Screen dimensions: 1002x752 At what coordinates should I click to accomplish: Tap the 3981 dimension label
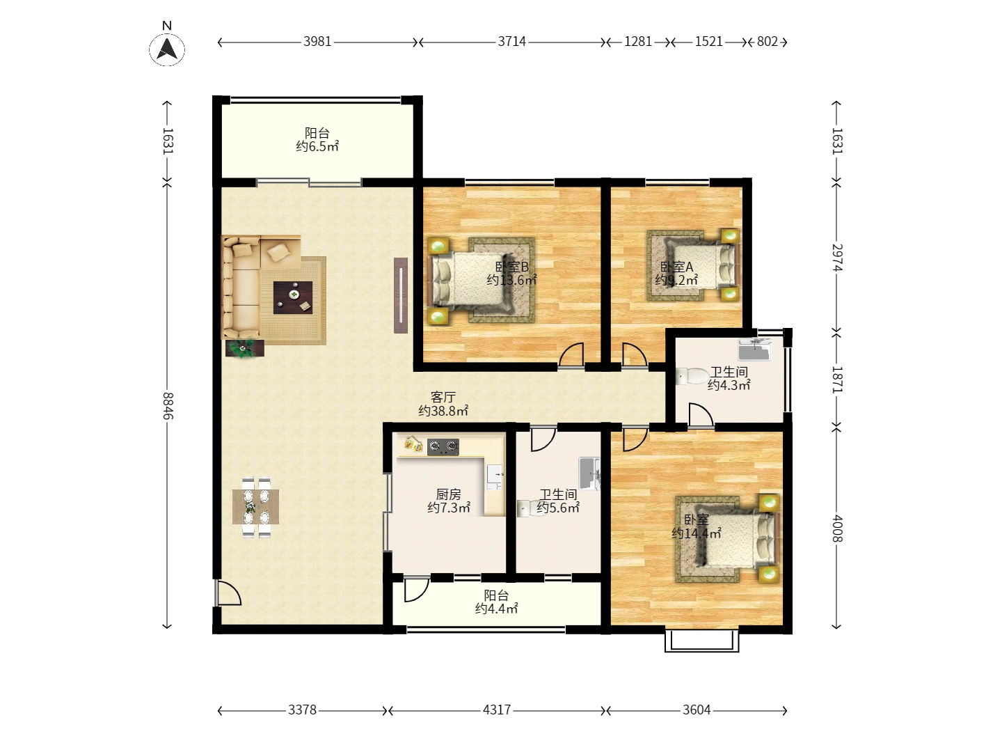click(x=317, y=42)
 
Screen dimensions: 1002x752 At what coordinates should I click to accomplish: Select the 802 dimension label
click(x=767, y=42)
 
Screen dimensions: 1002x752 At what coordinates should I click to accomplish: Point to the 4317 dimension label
click(x=497, y=710)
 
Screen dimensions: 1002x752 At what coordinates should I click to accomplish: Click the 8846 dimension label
click(x=167, y=406)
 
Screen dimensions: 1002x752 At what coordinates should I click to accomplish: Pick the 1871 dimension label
click(x=836, y=379)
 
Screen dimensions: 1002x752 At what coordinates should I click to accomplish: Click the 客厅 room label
click(x=443, y=397)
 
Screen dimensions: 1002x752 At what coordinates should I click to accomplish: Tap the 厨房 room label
click(x=448, y=494)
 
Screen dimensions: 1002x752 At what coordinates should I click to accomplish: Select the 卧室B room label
click(x=511, y=267)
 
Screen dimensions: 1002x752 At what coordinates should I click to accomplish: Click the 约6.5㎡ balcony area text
click(x=317, y=146)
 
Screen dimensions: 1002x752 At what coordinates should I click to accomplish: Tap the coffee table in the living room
click(x=293, y=298)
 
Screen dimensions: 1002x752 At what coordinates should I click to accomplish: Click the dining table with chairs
click(x=255, y=507)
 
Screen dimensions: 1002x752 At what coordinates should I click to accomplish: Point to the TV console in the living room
click(x=401, y=295)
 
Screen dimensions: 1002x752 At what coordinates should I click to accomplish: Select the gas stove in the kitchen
click(x=443, y=446)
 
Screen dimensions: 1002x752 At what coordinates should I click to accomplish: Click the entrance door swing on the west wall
click(x=228, y=593)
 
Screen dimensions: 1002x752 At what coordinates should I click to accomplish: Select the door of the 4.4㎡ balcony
click(x=416, y=589)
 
